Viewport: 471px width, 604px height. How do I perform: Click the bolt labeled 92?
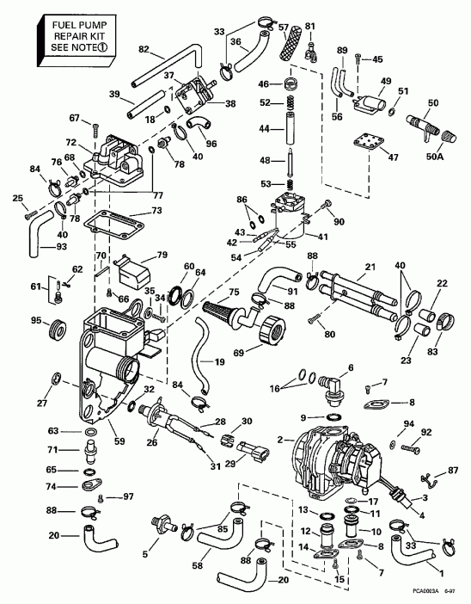point(410,447)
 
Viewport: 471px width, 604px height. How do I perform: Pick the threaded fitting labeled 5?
point(161,525)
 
